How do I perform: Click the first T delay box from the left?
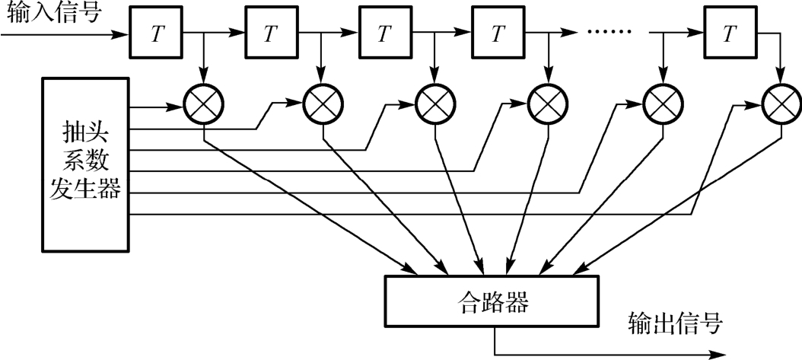click(x=156, y=34)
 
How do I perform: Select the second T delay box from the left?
click(x=270, y=34)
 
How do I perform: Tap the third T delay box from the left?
click(x=384, y=34)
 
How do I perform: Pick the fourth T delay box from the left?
click(x=498, y=34)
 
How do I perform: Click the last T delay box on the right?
click(x=730, y=34)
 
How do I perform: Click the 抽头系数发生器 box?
click(x=85, y=163)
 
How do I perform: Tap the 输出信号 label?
click(x=675, y=323)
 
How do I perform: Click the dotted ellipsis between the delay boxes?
click(x=612, y=34)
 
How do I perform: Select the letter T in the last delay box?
click(x=730, y=34)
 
